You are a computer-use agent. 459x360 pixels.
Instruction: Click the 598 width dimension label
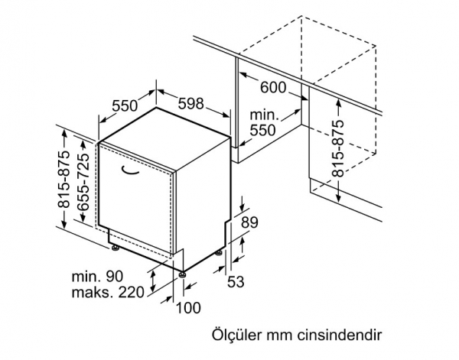point(190,103)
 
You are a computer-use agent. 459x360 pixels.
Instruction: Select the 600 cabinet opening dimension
point(273,87)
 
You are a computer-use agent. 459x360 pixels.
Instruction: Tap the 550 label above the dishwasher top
point(125,105)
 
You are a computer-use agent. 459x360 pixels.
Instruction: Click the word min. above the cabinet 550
point(264,115)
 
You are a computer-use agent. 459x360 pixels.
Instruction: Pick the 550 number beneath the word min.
point(262,130)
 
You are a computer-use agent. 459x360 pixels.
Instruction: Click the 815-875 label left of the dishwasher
point(64,179)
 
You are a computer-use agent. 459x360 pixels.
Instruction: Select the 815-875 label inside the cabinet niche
point(338,148)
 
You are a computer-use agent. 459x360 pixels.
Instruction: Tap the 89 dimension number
point(249,222)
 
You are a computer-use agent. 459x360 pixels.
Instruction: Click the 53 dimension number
point(236,282)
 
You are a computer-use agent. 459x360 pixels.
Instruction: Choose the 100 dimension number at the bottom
point(188,308)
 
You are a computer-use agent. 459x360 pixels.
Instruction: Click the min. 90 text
point(97,277)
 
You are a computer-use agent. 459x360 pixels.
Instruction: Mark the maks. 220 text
point(108,292)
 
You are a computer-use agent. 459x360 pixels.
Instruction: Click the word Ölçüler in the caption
point(232,335)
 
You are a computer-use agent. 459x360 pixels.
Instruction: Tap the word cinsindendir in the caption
point(340,336)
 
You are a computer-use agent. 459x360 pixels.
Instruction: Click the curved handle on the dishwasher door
point(129,170)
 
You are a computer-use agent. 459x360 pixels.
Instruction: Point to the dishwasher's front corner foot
point(183,275)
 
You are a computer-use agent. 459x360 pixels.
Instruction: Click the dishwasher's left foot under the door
point(115,248)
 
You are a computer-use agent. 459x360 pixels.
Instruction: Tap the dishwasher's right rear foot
point(218,253)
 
